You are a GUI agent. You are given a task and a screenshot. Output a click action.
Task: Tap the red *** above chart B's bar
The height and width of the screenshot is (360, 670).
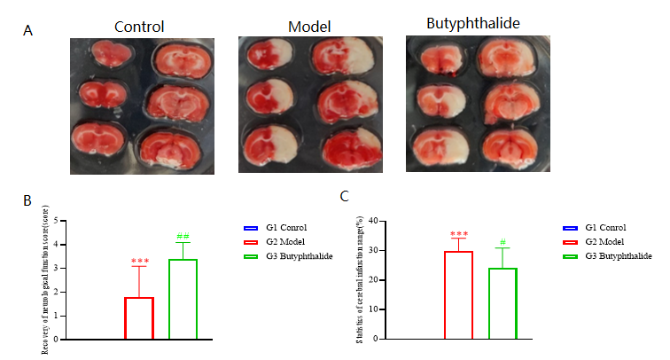coord(139,261)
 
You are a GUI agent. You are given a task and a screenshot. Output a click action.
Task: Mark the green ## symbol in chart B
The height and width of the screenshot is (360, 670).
coord(183,236)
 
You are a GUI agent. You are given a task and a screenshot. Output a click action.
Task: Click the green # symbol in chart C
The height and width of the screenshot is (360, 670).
coord(502,242)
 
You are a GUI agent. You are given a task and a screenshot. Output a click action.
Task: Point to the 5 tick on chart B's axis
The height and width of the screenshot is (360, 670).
coord(57,220)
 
